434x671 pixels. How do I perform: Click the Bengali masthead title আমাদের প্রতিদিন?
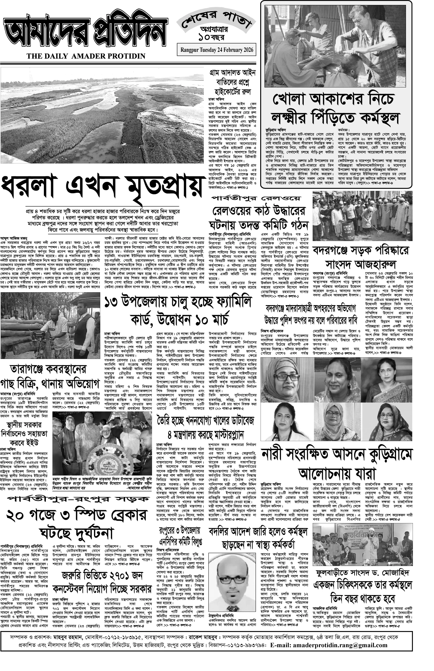(85, 34)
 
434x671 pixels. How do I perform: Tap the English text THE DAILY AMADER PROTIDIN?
(86, 56)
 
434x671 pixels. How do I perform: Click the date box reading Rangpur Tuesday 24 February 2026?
(217, 50)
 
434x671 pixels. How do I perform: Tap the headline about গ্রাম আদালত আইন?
(231, 82)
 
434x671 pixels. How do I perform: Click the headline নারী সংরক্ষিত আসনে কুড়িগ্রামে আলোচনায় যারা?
(336, 463)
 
